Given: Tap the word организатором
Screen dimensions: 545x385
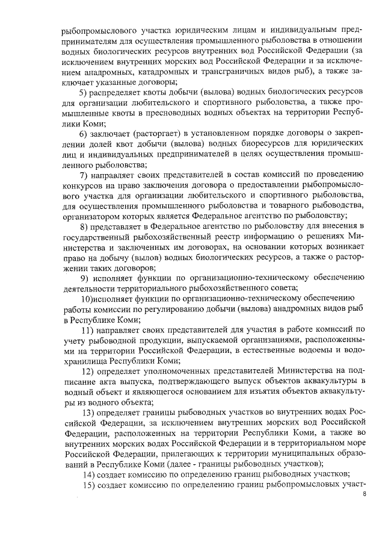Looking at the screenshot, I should tap(91, 217).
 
